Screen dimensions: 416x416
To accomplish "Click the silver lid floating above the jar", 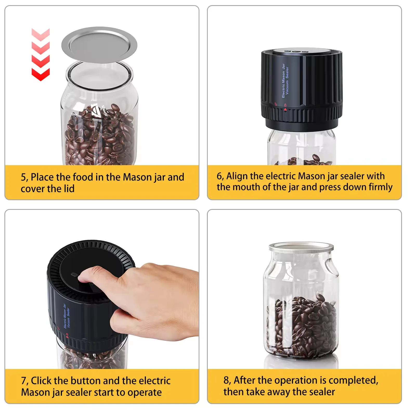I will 99,45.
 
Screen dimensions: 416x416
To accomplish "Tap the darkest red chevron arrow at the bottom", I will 41,74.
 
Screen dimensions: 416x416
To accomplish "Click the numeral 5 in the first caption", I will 24,177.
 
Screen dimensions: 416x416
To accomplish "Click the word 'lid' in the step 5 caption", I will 69,189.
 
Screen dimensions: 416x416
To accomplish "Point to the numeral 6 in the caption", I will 219,176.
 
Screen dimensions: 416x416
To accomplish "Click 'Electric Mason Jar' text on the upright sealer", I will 283,81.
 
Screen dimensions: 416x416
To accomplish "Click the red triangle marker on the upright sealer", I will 285,110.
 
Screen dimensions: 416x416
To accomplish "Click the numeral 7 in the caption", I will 24,381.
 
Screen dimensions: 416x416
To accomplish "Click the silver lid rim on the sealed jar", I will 301,250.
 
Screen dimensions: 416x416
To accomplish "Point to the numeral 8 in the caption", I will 226,380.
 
